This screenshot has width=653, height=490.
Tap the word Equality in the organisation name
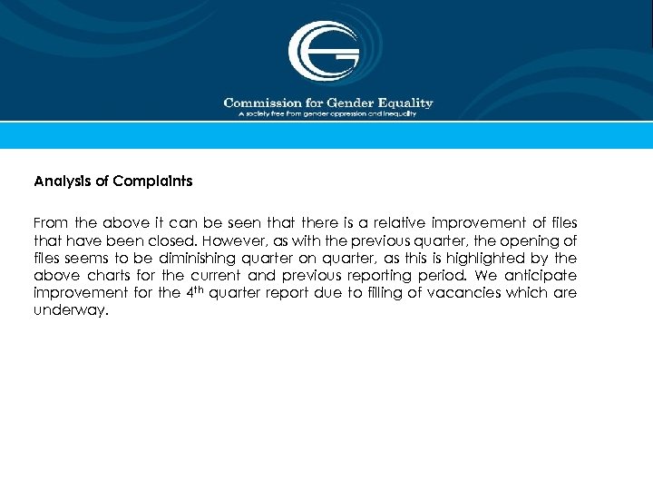point(406,103)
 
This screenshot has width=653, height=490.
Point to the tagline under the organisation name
point(326,114)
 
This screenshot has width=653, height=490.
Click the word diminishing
point(188,258)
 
